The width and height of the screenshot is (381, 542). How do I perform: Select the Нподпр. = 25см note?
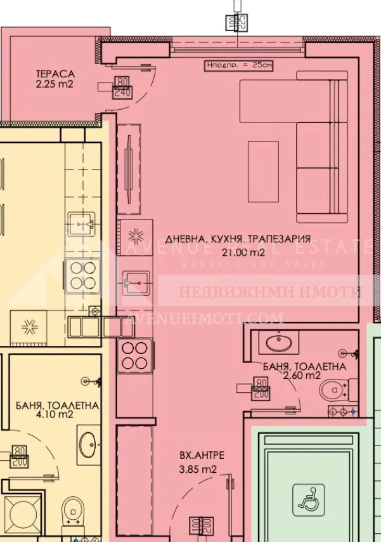[239, 65]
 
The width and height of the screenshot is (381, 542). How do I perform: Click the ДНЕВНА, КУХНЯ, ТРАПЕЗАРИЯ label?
[238, 239]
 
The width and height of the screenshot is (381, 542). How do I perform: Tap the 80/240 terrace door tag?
[122, 88]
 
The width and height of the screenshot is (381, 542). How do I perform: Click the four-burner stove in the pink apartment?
[134, 355]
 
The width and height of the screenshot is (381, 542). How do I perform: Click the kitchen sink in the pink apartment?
[135, 279]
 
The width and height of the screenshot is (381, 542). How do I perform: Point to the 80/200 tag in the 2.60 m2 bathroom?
[260, 388]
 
